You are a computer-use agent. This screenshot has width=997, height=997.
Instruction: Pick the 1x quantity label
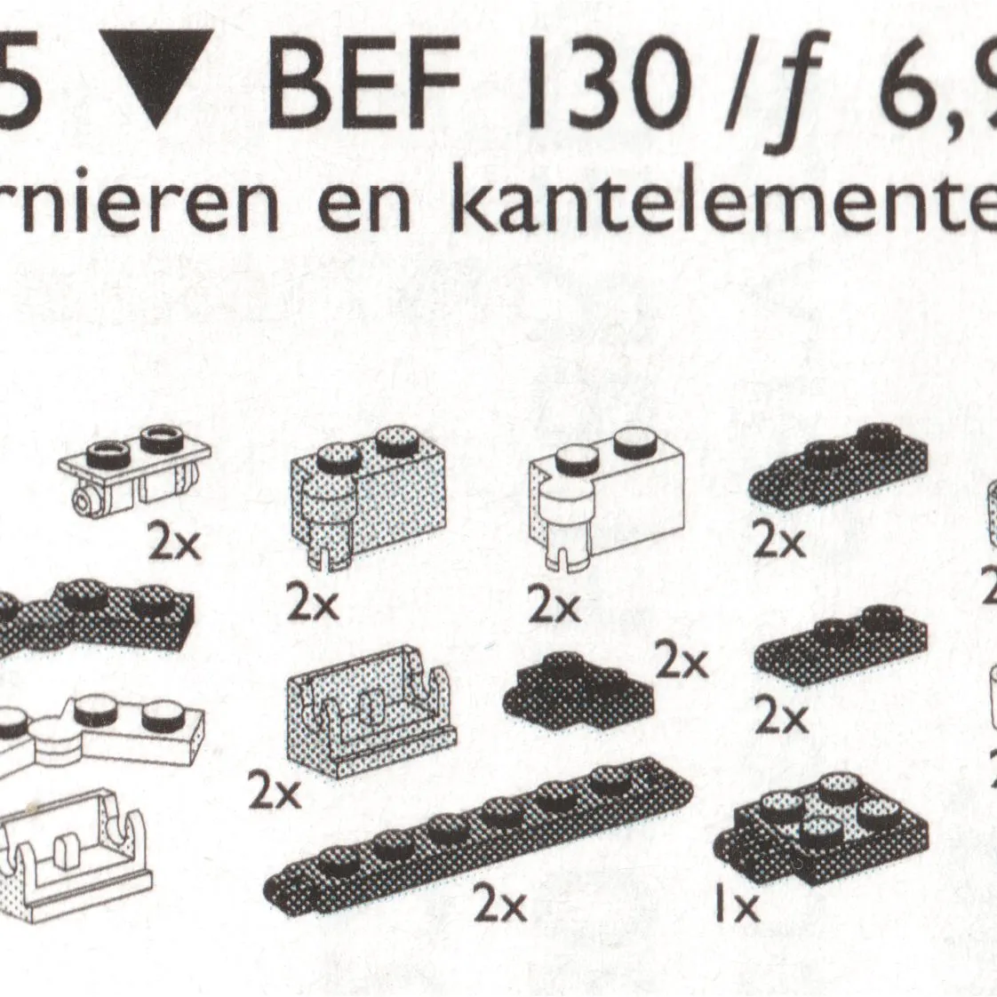pos(738,905)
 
